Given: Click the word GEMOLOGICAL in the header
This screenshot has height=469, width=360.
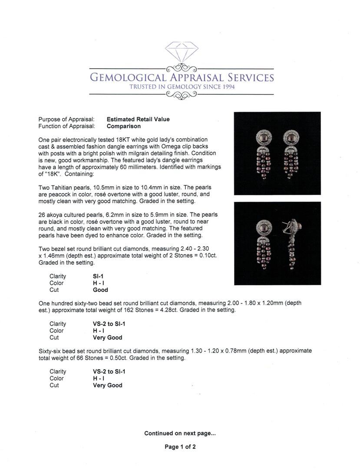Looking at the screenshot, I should [128, 78].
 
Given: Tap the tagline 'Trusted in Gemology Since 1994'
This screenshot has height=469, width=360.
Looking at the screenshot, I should [182, 87].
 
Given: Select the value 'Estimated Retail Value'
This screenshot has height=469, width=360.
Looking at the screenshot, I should [138, 119].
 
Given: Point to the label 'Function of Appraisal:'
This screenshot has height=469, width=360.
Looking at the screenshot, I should [66, 126].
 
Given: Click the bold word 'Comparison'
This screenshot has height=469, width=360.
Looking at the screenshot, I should [124, 126].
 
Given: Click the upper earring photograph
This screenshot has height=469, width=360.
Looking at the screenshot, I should [277, 153].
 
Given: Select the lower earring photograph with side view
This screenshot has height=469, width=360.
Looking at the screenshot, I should [277, 243].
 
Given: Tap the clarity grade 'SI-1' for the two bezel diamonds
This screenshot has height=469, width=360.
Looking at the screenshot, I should [98, 276].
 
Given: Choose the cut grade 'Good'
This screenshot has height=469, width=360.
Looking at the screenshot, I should [100, 290].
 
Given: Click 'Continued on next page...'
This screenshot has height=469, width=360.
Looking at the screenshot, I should [180, 433].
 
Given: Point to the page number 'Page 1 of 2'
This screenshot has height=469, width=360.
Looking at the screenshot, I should [180, 447].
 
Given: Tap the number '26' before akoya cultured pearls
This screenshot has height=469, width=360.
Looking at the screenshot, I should [42, 215].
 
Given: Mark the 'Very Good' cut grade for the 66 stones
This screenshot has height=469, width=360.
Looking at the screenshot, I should [107, 385].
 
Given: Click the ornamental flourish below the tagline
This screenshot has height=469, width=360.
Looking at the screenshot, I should [182, 95].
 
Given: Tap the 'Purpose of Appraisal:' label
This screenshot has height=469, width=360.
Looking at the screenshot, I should [66, 119].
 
